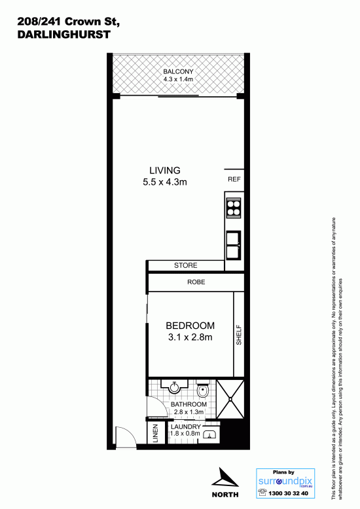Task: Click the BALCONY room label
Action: (178, 71)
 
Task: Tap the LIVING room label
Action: (165, 170)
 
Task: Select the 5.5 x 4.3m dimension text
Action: (165, 182)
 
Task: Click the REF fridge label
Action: (234, 179)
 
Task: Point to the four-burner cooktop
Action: (234, 208)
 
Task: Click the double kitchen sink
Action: (234, 245)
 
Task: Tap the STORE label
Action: (185, 265)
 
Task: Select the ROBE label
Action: (196, 282)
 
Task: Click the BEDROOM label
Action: (190, 326)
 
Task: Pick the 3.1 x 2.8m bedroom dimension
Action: (190, 337)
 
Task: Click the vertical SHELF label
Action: (239, 335)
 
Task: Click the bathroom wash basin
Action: (175, 386)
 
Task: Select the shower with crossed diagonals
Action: (230, 399)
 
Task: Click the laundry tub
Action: (211, 433)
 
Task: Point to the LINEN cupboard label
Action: (155, 434)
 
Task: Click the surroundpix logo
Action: (285, 481)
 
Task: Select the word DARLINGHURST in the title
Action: (64, 35)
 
